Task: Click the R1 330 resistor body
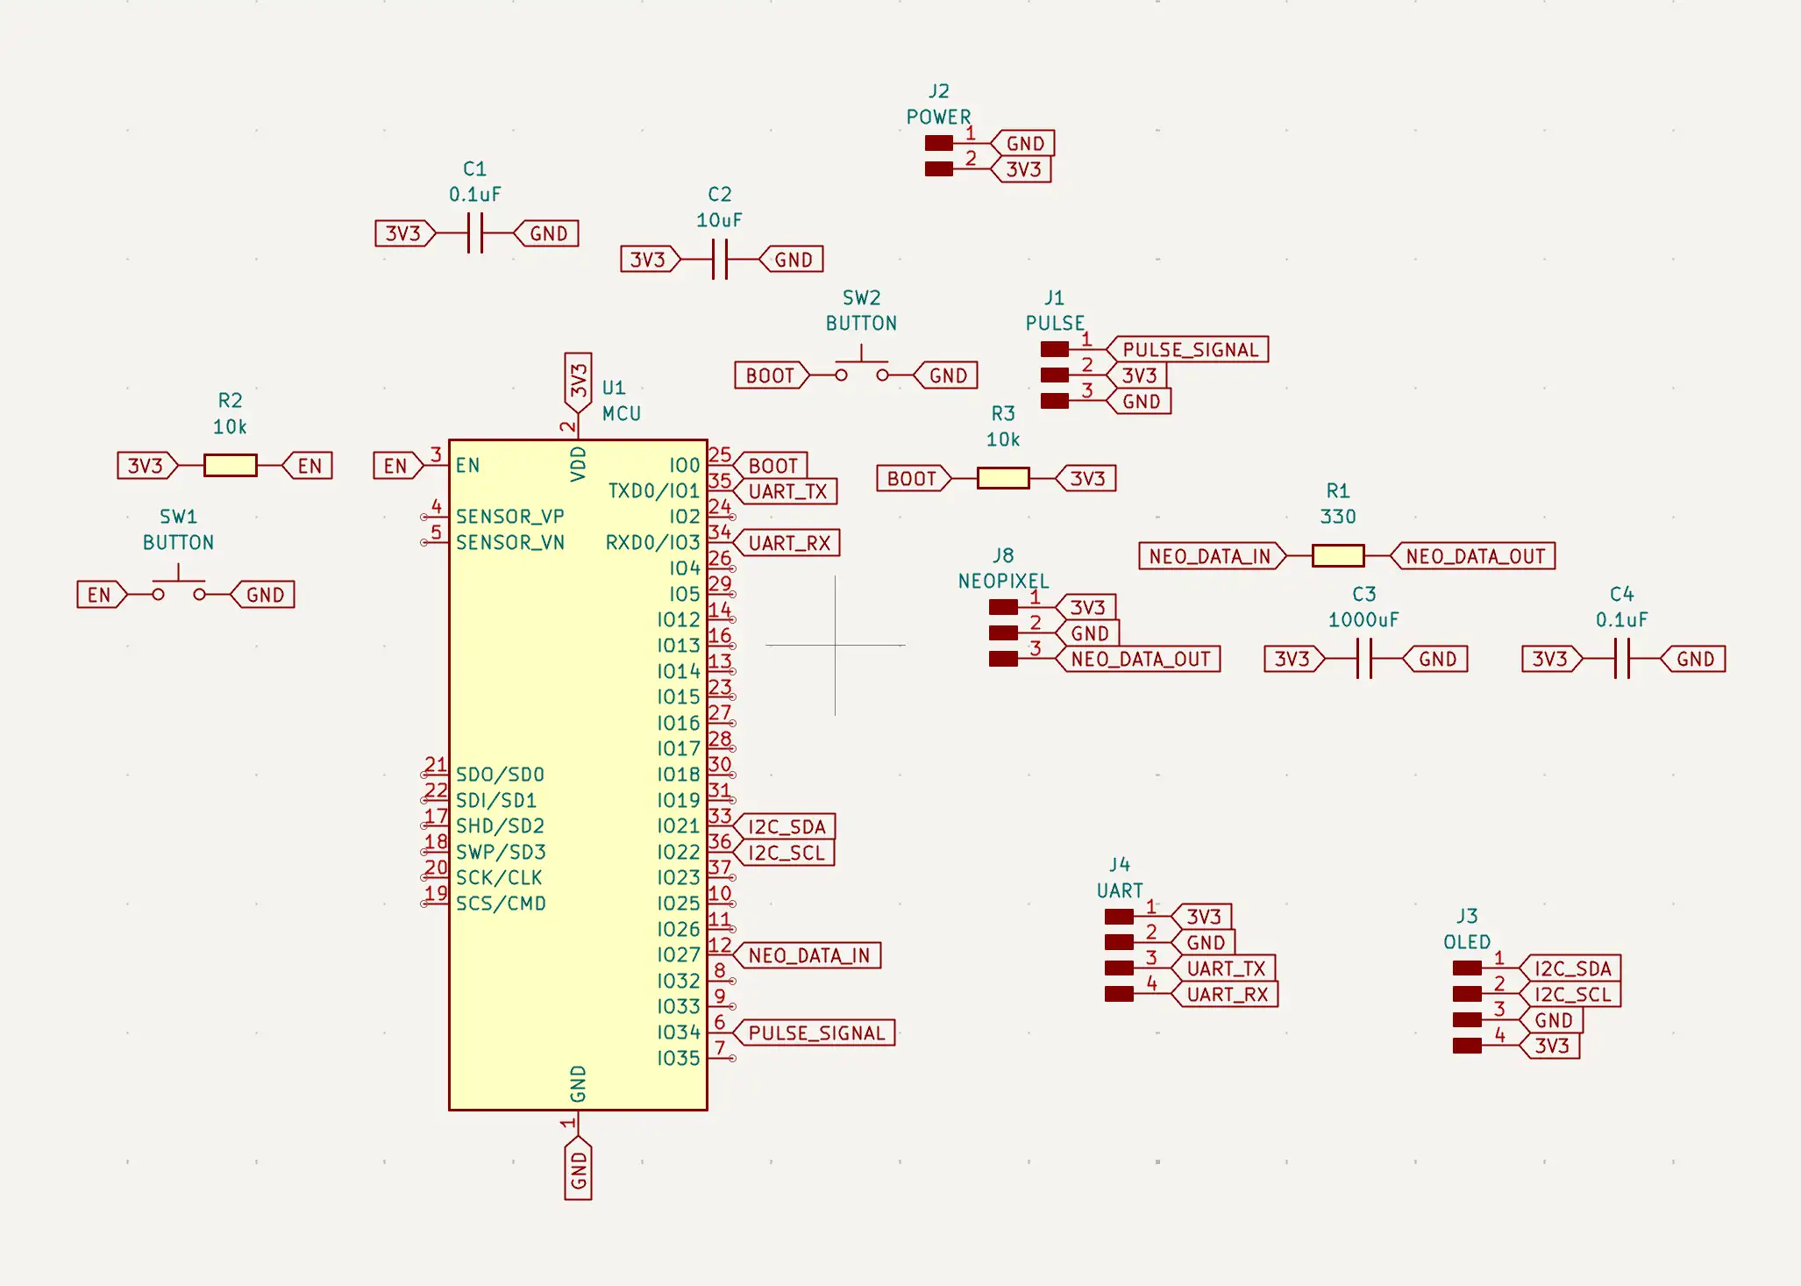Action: (1338, 556)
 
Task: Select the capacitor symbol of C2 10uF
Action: (720, 260)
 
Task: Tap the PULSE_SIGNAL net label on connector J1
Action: (1187, 350)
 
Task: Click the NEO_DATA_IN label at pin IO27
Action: (807, 955)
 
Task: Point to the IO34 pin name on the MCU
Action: (679, 1032)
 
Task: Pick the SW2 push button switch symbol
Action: (862, 368)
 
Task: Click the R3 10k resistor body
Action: (1003, 478)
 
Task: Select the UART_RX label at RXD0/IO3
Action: (787, 543)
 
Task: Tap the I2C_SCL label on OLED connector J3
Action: (1570, 995)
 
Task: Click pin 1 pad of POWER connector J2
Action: (939, 143)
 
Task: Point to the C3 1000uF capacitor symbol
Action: (1364, 659)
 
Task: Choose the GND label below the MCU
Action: (579, 1168)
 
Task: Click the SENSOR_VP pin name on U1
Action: (510, 517)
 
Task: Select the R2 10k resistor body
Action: (231, 465)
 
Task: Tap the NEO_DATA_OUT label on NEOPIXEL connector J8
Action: (1138, 659)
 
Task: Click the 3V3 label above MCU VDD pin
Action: (579, 382)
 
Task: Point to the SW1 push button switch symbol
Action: (179, 587)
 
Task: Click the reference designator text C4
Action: (1622, 594)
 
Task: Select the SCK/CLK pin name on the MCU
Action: (499, 878)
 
